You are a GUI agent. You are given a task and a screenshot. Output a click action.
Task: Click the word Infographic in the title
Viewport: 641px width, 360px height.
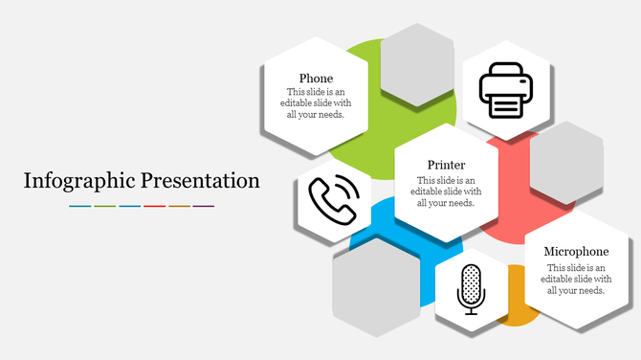pyautogui.click(x=79, y=180)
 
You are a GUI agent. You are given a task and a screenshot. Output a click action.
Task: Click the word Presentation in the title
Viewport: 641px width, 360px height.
pyautogui.click(x=200, y=180)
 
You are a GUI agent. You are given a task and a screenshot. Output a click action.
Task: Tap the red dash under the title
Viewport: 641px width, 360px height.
pyautogui.click(x=154, y=206)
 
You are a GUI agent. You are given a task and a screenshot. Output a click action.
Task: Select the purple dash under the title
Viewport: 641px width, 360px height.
pyautogui.click(x=204, y=206)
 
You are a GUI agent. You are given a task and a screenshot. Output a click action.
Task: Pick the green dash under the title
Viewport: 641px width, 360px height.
pyautogui.click(x=104, y=206)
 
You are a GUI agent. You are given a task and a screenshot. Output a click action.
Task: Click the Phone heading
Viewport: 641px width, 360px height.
pyautogui.click(x=316, y=79)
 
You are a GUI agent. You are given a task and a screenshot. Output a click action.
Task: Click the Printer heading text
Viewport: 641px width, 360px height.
pyautogui.click(x=446, y=165)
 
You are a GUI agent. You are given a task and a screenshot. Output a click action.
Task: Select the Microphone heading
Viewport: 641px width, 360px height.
pyautogui.click(x=576, y=252)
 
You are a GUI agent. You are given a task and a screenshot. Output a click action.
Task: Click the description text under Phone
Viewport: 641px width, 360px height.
pyautogui.click(x=316, y=103)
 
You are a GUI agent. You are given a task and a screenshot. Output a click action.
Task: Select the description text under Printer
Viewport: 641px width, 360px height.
pyautogui.click(x=446, y=191)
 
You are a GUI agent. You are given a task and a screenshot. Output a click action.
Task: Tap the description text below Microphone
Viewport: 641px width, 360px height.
pyautogui.click(x=576, y=278)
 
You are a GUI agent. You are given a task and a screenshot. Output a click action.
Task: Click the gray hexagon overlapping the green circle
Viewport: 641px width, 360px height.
pyautogui.click(x=416, y=65)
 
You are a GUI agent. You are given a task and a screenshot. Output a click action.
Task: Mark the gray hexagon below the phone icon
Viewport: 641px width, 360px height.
pyautogui.click(x=377, y=286)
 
